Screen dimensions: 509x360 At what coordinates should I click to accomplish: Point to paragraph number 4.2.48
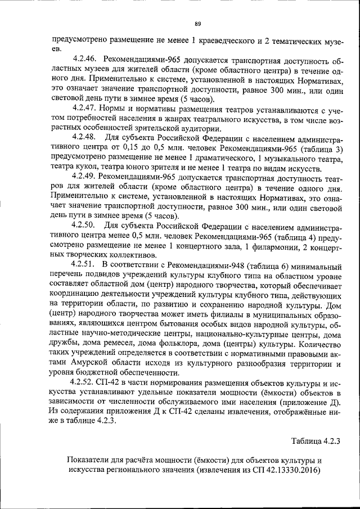click(x=86, y=137)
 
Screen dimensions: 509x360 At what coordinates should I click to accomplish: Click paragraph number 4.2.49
click(x=86, y=177)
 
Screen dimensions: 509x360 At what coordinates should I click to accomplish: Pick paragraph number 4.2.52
click(x=86, y=382)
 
